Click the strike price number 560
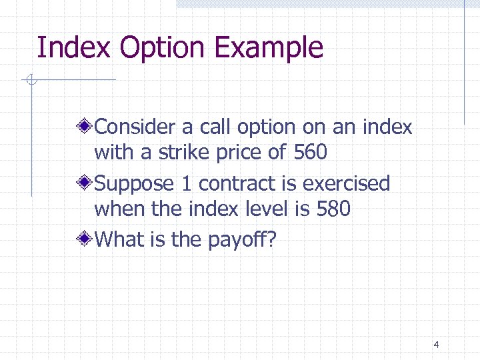pyautogui.click(x=310, y=153)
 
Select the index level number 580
pyautogui.click(x=333, y=209)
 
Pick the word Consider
pyautogui.click(x=137, y=126)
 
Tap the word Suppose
pyautogui.click(x=135, y=183)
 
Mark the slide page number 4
pyautogui.click(x=436, y=345)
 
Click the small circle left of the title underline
pyautogui.click(x=31, y=81)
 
